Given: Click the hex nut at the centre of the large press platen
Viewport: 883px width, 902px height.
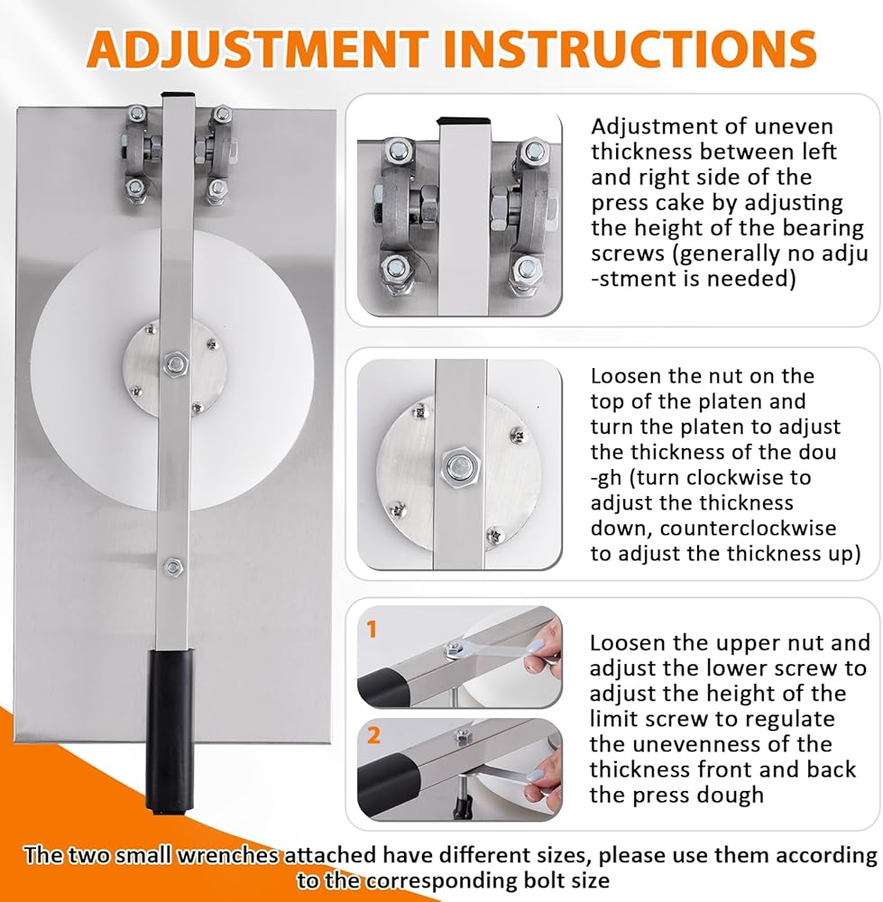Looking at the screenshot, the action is coord(176,364).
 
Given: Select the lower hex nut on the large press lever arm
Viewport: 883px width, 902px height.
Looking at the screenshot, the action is coord(173,567).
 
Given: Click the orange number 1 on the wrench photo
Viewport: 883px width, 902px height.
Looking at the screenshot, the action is coord(373,629).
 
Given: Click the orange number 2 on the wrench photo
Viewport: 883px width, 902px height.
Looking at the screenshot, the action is coord(373,735).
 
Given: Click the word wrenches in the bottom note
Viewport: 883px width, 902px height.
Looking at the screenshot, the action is coord(228,855).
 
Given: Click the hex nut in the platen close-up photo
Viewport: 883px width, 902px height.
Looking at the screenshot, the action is coord(459,466).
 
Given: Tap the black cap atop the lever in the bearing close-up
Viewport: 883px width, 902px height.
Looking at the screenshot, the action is coord(464,122).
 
